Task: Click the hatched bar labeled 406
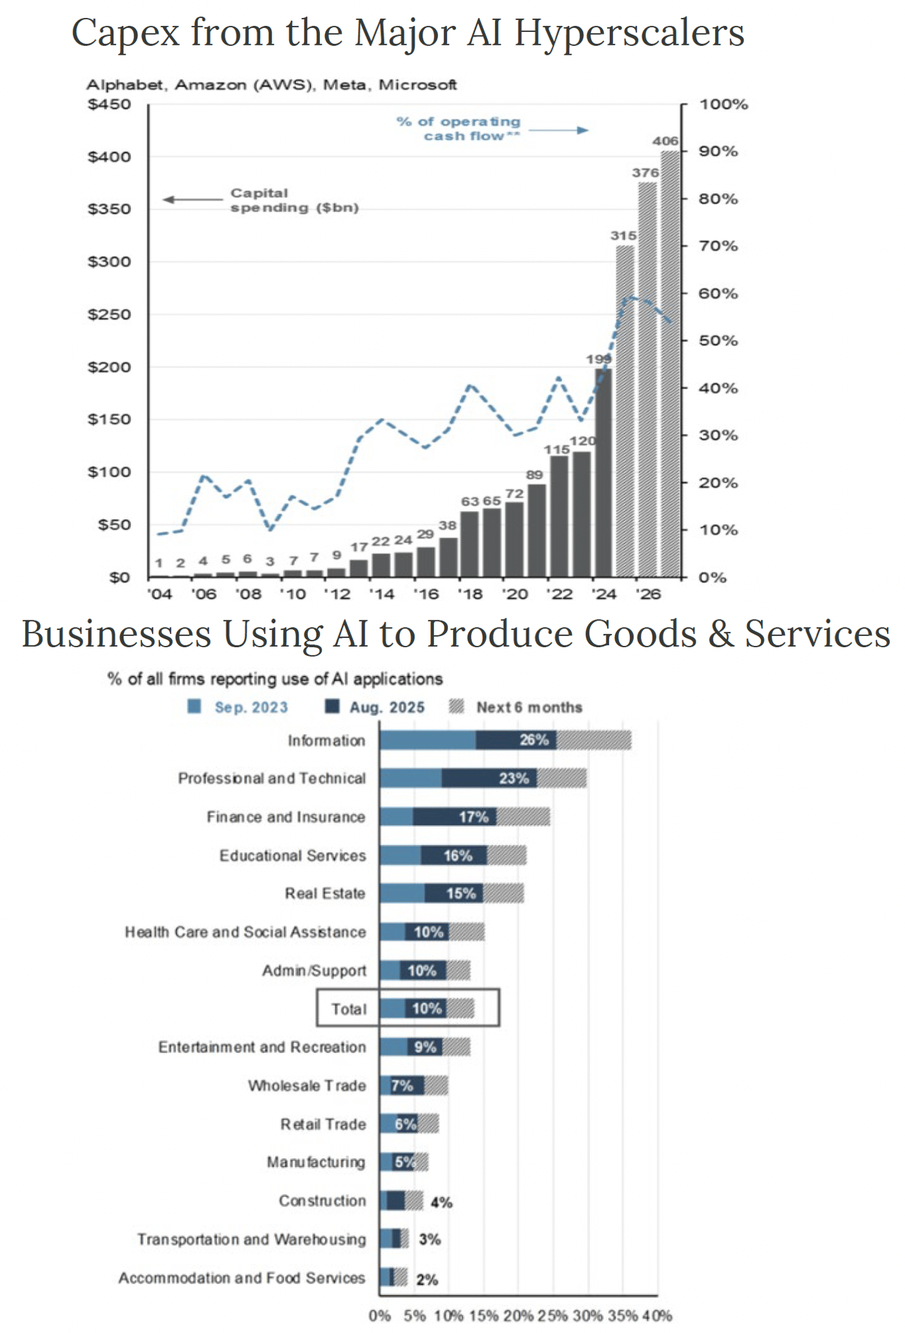(x=670, y=363)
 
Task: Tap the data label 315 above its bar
(x=623, y=236)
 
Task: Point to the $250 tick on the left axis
(x=109, y=315)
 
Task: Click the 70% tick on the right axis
(x=718, y=246)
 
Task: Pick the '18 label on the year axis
(x=470, y=594)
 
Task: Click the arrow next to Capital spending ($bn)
(x=193, y=199)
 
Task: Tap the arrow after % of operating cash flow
(x=558, y=130)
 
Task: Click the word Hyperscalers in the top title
(x=629, y=33)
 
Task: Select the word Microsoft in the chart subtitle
(x=418, y=85)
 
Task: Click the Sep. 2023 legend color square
(x=195, y=706)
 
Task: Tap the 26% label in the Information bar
(x=534, y=740)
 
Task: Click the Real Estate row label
(x=325, y=893)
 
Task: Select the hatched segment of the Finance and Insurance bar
(x=523, y=816)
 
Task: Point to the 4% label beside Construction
(x=441, y=1202)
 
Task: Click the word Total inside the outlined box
(x=349, y=1009)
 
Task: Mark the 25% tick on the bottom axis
(x=552, y=1316)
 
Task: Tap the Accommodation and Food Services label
(x=242, y=1278)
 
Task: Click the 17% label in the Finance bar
(x=474, y=816)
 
